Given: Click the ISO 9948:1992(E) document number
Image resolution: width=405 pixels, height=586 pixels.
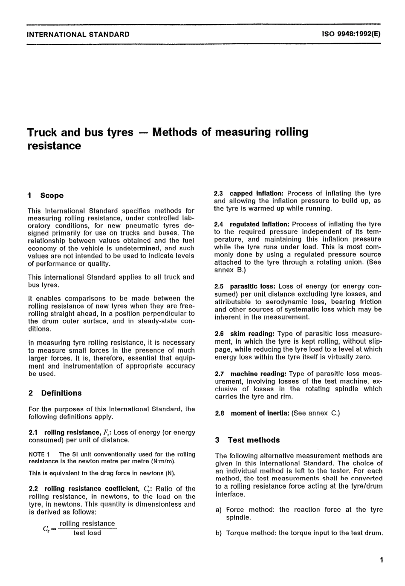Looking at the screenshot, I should tap(351, 34).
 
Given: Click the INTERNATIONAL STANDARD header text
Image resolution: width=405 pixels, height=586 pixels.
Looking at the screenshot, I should tap(78, 34).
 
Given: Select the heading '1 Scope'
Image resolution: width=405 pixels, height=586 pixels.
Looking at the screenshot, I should tap(46, 196).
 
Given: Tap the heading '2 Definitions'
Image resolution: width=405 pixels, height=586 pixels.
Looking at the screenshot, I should tap(55, 393).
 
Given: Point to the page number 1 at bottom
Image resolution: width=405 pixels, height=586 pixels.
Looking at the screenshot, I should tap(381, 560).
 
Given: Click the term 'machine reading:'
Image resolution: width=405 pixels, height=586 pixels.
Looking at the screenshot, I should tap(257, 373).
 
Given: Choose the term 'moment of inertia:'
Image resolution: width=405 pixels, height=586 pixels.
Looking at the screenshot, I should tap(260, 413).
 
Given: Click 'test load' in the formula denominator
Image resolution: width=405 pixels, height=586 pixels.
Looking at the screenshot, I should tap(87, 533).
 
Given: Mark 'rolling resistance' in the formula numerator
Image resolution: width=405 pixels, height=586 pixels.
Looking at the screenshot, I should tap(87, 523).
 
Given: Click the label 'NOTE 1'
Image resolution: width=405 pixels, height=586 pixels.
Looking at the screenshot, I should tap(39, 454).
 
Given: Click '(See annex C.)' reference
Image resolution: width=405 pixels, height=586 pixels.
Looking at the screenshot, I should tap(315, 413).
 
